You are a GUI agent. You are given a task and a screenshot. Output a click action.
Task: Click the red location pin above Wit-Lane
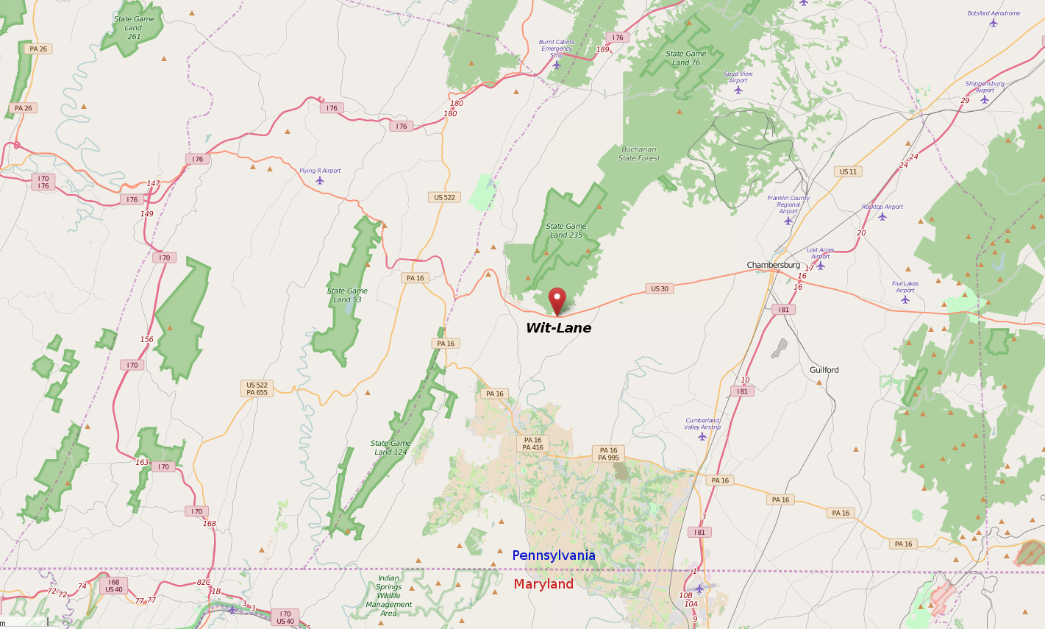point(557,299)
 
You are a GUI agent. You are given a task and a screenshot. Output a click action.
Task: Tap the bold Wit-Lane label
point(558,328)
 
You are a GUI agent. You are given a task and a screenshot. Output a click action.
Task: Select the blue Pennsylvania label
point(554,555)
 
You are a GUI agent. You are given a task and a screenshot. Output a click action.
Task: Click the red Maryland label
point(543,584)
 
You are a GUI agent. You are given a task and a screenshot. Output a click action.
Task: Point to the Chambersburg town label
point(773,265)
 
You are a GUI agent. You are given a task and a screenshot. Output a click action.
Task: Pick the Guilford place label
point(824,370)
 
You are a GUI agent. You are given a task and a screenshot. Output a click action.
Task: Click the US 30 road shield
point(660,289)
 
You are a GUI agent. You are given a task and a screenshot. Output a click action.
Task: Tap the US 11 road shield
point(848,172)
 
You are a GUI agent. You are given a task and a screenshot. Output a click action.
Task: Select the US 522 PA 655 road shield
point(257,388)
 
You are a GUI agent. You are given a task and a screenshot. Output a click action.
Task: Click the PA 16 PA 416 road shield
point(532,444)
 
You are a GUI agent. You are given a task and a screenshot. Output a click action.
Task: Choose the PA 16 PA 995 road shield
point(608,454)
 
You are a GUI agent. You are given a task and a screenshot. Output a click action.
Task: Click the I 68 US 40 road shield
point(113,586)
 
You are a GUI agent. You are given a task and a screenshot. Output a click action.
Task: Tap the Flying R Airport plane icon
point(320,180)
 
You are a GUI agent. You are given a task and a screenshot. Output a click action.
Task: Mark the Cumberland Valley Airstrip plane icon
point(702,437)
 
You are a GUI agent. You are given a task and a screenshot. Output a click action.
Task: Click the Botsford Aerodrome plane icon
point(994,23)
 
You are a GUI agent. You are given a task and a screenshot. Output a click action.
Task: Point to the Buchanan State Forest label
point(639,154)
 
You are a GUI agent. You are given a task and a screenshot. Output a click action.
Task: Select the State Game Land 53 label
point(347,295)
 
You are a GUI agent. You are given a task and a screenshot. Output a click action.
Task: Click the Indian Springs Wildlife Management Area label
point(388,596)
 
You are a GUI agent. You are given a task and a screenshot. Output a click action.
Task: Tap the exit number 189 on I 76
point(602,50)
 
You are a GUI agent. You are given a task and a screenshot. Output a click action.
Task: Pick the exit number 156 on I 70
point(147,340)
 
